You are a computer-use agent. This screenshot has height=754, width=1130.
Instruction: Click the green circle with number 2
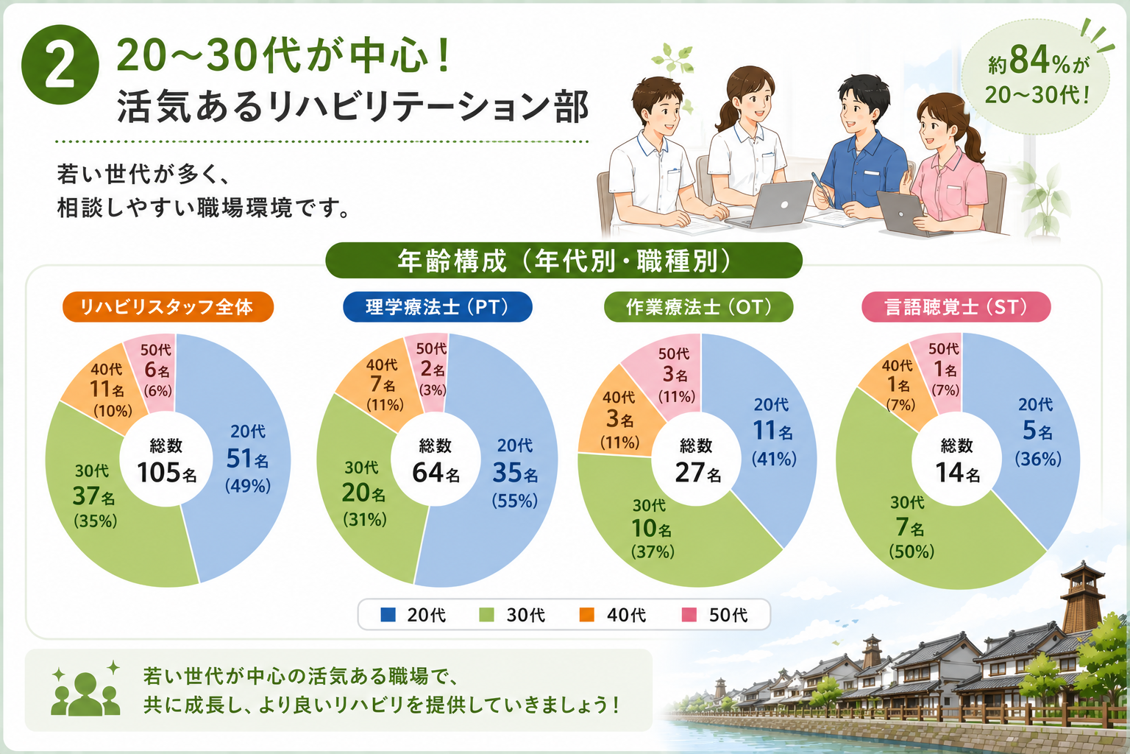[60, 65]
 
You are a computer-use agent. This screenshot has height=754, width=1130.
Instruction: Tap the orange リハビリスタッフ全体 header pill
[168, 306]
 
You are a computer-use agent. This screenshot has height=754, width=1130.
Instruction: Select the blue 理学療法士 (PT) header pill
[438, 306]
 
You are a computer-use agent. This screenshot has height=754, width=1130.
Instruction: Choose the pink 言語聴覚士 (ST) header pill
[956, 306]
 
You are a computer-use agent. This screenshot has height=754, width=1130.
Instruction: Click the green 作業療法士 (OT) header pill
[699, 306]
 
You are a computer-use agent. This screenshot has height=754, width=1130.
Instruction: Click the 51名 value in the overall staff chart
[247, 459]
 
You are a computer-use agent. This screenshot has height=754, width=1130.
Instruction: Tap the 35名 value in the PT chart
[515, 473]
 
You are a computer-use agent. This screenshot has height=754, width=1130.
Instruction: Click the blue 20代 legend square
[388, 615]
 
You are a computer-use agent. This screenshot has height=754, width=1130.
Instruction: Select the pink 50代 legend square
[689, 615]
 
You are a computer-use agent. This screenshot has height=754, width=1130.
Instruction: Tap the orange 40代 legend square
[586, 615]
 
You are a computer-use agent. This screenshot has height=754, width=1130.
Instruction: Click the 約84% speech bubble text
[1037, 77]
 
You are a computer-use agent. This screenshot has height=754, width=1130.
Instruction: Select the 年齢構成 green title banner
[564, 261]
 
